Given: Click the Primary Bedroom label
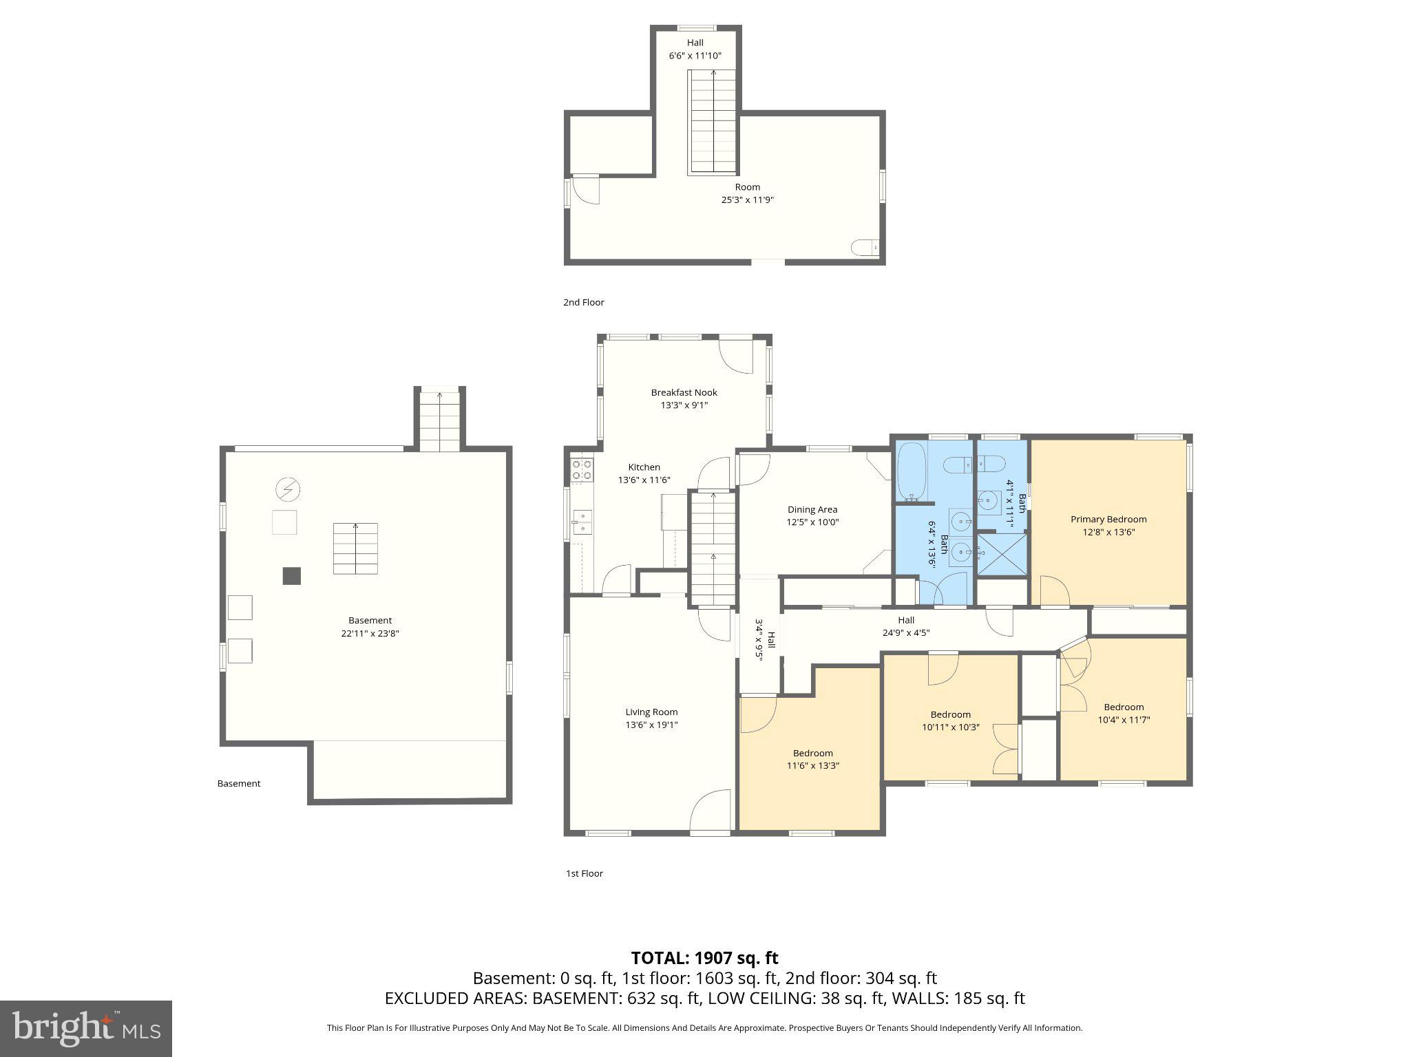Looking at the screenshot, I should pos(1108,520).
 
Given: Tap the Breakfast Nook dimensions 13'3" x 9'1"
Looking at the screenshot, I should pos(684,405).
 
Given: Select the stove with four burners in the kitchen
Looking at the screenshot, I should pos(582,470).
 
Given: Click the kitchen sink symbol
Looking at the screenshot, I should pos(582,522).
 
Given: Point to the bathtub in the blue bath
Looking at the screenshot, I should pos(912,471).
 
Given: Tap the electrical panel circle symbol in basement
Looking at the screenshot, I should pos(287,490).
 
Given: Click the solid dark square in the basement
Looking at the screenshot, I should pos(291,575).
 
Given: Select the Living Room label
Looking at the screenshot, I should pos(651,712).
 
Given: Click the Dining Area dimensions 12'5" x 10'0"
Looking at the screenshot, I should pos(812,522).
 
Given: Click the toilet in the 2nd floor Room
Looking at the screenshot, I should pos(865,247).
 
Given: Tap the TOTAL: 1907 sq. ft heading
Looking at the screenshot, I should pos(704,958).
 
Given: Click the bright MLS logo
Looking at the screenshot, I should pos(85,1029).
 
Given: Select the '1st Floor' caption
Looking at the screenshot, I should pos(584,873).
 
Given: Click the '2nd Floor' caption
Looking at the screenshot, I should pos(583,302).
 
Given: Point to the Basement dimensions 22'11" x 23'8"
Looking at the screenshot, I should pos(370,633).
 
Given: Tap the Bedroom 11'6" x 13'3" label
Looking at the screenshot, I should pos(812,759).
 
